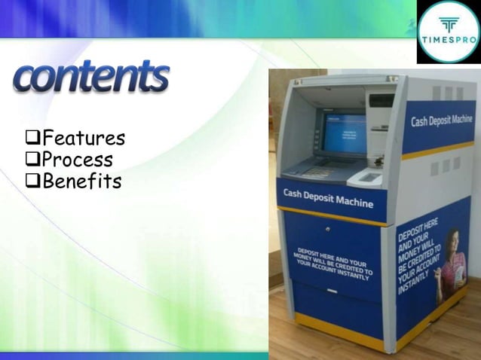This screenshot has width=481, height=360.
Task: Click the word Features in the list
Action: click(83, 139)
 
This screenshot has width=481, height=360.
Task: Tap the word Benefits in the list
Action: click(81, 181)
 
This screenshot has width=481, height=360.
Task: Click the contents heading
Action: click(91, 78)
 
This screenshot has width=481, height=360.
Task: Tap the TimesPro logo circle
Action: click(448, 31)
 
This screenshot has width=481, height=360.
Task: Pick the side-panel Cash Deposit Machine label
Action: click(442, 121)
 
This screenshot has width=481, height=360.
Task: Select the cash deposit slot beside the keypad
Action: click(369, 178)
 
